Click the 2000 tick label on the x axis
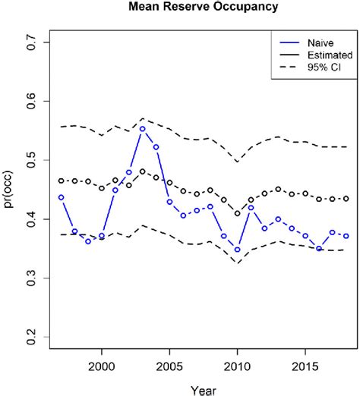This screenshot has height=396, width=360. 102,365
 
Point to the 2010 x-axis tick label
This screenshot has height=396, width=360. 237,365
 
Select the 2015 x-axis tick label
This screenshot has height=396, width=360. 305,365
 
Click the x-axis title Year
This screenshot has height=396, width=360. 204,387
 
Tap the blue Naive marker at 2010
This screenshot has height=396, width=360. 237,250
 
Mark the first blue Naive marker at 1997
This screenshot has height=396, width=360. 61,197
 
